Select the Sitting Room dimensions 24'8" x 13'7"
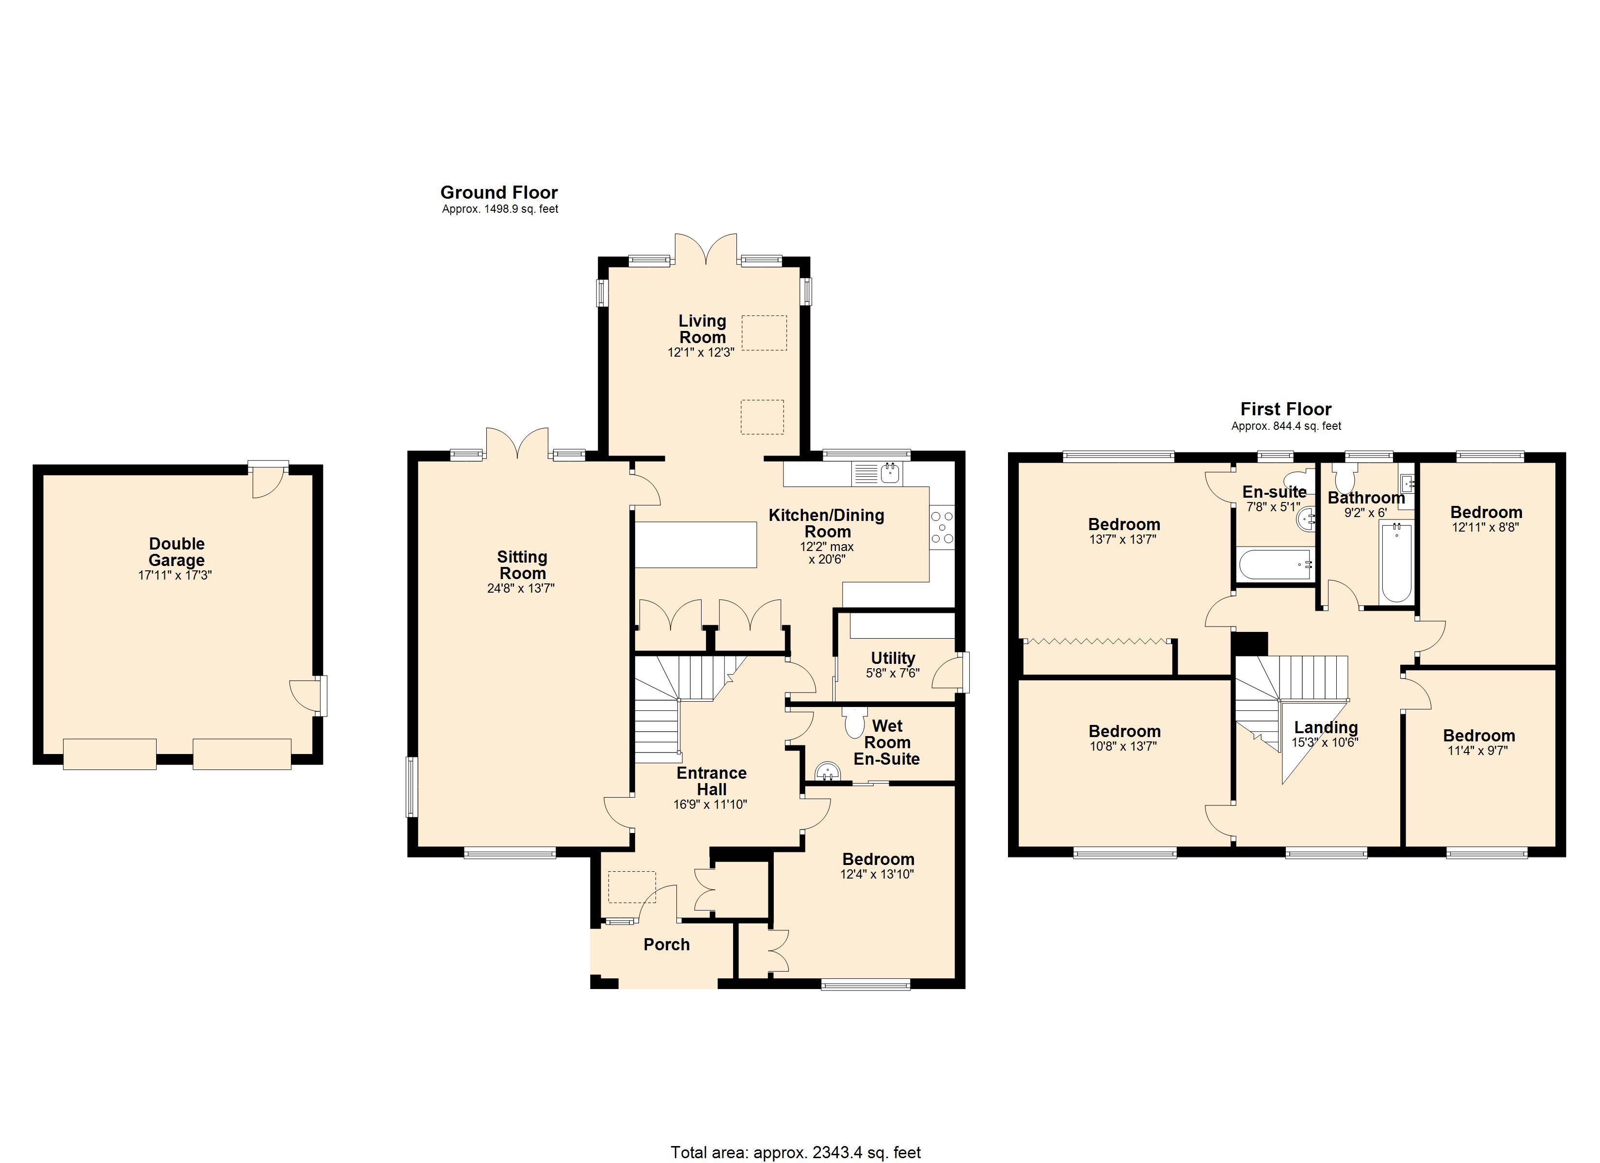[521, 588]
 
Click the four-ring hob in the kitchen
[942, 528]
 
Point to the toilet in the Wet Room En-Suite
[854, 723]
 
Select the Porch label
[666, 944]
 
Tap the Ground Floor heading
[499, 192]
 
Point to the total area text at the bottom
[795, 1152]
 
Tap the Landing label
[1326, 727]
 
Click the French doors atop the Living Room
[705, 251]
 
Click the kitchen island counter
[696, 545]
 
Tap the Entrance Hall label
[711, 781]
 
